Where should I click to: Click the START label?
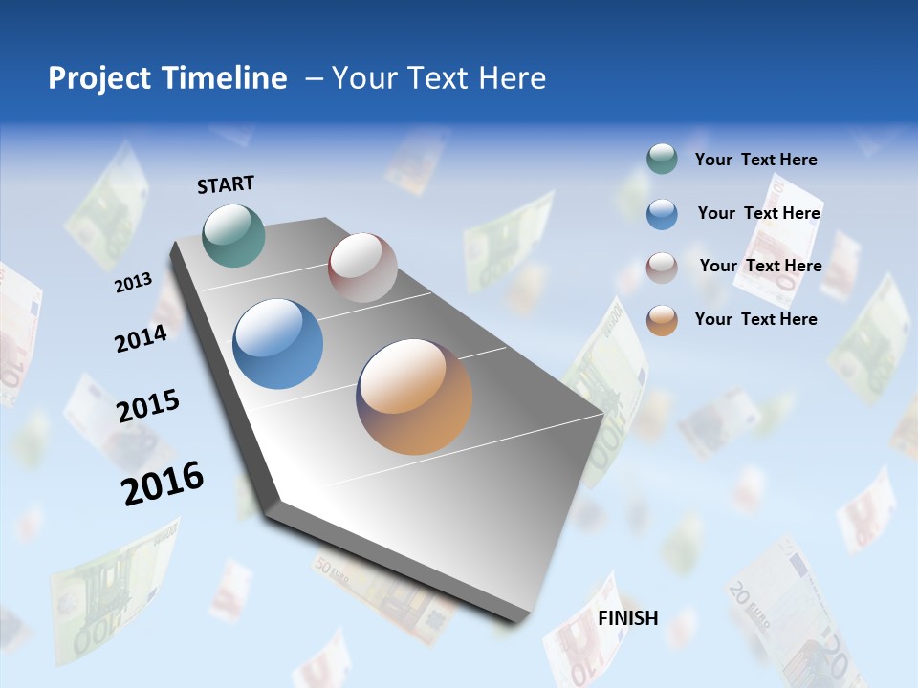226,184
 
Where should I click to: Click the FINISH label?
627,617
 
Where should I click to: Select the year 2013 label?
133,282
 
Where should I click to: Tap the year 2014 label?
141,338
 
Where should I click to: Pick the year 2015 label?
147,406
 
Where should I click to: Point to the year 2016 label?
163,483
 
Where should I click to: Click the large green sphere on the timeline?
234,235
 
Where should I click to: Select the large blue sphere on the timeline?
278,344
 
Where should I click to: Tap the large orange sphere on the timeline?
414,397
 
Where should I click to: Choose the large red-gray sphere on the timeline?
362,268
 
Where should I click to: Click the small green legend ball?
662,160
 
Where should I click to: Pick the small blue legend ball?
662,214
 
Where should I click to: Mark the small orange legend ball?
662,320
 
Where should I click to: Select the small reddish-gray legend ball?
662,267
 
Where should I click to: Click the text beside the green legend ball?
755,160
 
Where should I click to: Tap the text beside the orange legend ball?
755,319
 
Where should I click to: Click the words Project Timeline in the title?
167,78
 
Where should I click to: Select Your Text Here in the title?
438,78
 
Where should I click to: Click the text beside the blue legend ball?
758,213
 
